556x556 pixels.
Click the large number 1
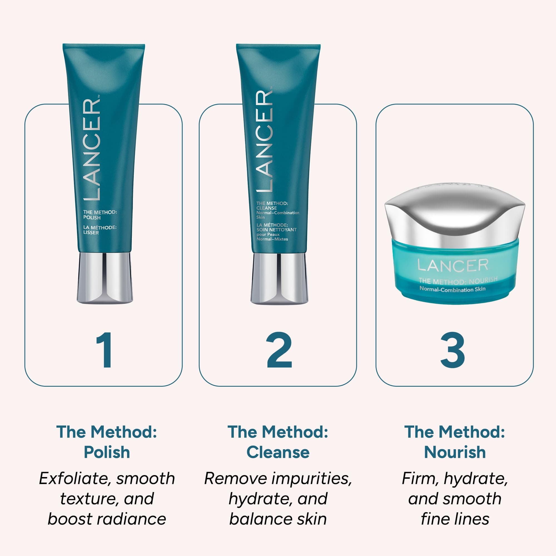(104, 350)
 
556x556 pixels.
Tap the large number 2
(279, 350)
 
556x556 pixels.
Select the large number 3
(453, 350)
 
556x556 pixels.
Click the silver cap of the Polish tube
(105, 278)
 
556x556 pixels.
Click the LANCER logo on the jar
(453, 265)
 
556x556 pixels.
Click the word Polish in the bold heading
(107, 452)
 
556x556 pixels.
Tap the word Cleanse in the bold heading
(278, 452)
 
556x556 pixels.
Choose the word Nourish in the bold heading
(455, 452)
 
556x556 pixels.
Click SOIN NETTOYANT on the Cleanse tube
(276, 230)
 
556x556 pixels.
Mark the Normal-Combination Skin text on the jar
(452, 289)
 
